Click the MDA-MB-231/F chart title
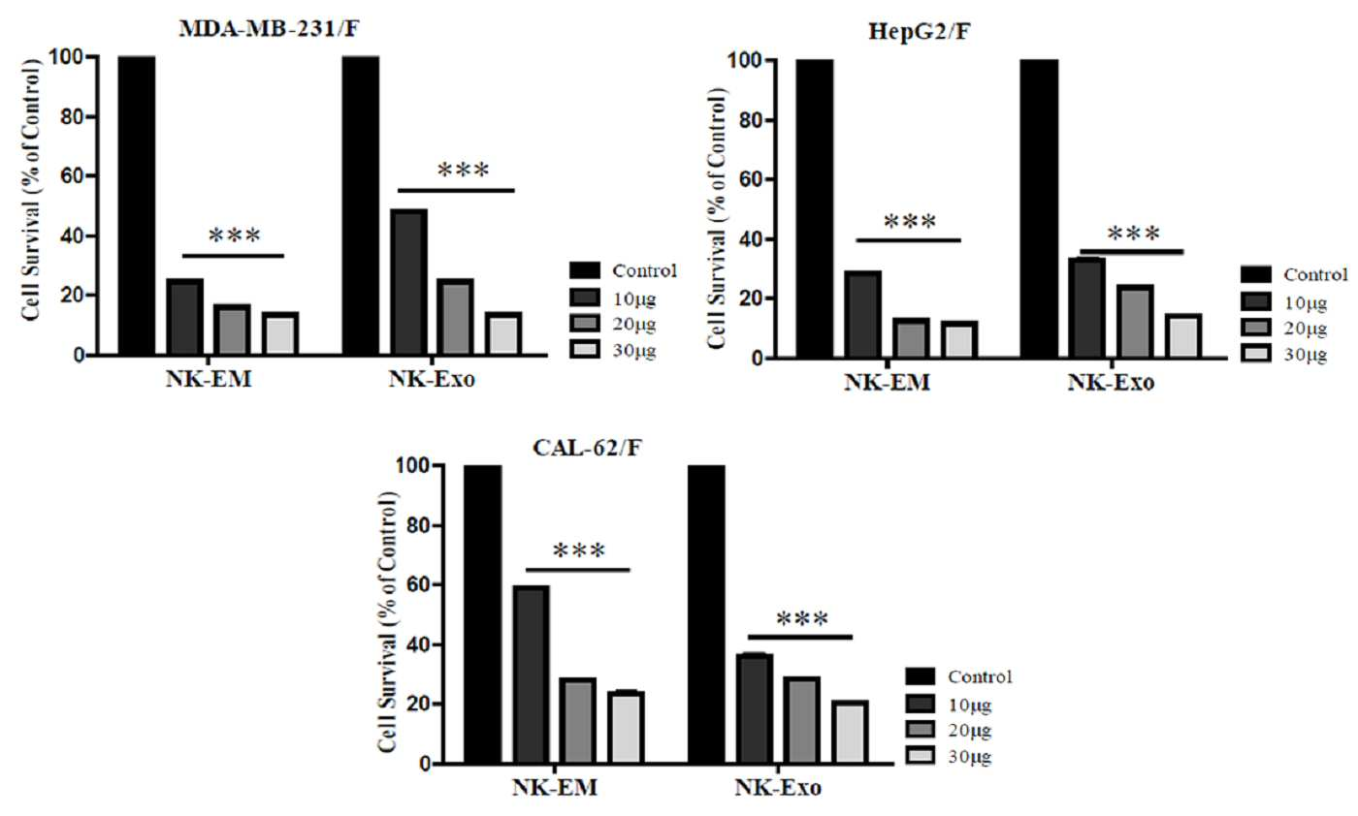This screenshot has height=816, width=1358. (x=269, y=29)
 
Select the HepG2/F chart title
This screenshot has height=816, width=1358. (x=920, y=31)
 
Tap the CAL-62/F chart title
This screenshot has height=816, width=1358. (x=586, y=448)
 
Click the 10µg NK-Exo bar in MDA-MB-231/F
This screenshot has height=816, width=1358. (x=409, y=282)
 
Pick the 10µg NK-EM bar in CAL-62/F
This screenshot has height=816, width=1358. (x=532, y=675)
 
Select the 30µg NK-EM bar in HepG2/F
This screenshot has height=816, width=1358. (x=959, y=339)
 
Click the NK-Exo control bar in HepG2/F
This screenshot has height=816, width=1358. (x=1039, y=209)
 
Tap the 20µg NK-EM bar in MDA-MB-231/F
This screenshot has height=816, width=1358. (x=232, y=330)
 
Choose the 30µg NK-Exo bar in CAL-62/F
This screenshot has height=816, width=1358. (x=850, y=732)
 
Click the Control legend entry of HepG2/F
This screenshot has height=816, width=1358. (x=1294, y=274)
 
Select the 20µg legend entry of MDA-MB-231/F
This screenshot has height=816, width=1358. (x=613, y=324)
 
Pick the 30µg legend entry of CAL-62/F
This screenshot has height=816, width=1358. (x=949, y=756)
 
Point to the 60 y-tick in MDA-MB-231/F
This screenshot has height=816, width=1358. (x=72, y=175)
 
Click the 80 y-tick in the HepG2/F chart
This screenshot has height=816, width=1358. (x=751, y=120)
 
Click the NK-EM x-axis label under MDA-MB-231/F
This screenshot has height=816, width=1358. (x=208, y=379)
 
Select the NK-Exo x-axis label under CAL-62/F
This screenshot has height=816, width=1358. (x=778, y=788)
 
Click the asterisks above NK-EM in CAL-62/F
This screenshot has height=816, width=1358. (x=579, y=550)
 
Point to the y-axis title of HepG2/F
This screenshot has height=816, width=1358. (x=716, y=218)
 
